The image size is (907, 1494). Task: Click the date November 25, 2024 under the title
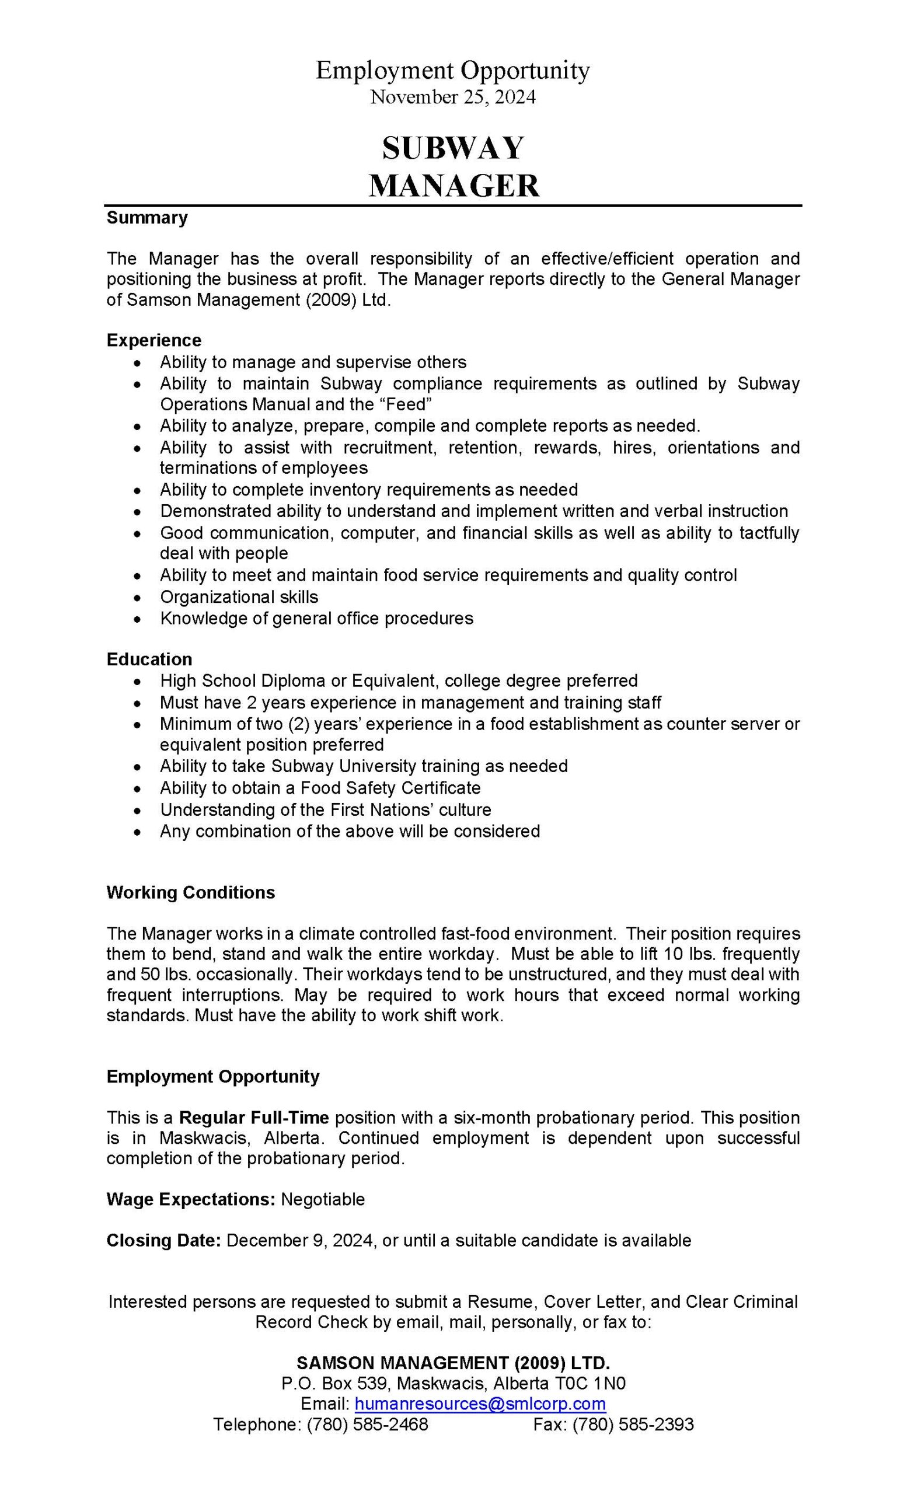(453, 97)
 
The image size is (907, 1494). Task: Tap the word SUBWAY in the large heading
(453, 148)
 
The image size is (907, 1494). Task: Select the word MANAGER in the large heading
(453, 186)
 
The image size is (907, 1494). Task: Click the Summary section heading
(147, 218)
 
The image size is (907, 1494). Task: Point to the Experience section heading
(154, 340)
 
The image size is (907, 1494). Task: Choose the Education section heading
(149, 659)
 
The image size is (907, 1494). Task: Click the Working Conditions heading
(190, 892)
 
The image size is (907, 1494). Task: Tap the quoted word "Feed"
(407, 404)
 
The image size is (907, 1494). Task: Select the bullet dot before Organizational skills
(139, 598)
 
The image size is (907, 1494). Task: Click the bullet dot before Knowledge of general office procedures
(139, 620)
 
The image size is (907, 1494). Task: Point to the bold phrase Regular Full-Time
(254, 1118)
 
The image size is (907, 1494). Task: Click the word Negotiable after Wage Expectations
(323, 1199)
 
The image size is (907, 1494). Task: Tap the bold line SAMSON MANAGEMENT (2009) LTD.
(453, 1363)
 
